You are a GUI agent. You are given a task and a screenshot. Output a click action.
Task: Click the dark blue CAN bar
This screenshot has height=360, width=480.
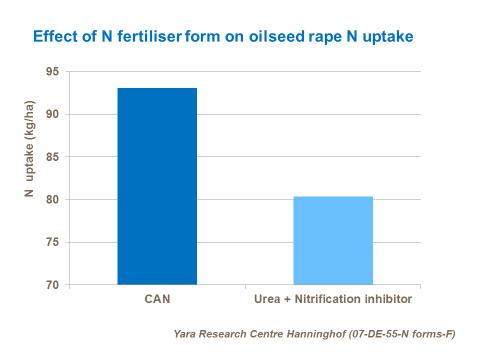(x=157, y=186)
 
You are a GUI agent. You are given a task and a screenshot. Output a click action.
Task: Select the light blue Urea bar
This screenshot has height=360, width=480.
(x=333, y=240)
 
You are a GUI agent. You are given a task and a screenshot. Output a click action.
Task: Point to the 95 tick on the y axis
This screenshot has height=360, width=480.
(x=52, y=72)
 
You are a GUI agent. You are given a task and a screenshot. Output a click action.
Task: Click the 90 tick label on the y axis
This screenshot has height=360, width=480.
(x=52, y=114)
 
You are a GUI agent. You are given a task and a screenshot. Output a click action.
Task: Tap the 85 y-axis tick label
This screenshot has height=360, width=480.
(x=52, y=157)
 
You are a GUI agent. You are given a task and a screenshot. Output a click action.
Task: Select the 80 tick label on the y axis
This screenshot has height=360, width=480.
(x=52, y=200)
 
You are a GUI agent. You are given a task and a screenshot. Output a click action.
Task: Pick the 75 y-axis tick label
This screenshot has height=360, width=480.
(x=52, y=242)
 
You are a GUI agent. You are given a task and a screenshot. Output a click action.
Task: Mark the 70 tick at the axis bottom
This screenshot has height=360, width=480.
(x=52, y=285)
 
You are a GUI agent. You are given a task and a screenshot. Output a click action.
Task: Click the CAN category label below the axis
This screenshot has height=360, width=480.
(x=157, y=299)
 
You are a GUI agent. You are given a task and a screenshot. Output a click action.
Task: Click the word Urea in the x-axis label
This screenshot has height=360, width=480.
(x=266, y=299)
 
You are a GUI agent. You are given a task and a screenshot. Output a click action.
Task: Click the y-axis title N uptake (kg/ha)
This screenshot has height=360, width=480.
(x=30, y=149)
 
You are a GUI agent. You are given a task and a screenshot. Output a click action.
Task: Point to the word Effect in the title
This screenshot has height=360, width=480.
(x=50, y=36)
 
